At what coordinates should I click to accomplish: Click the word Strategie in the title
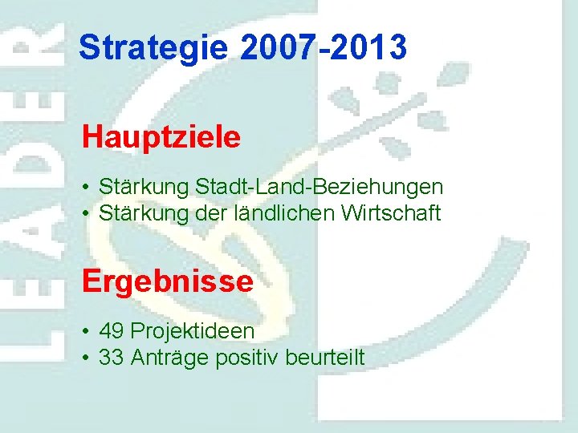coord(153,48)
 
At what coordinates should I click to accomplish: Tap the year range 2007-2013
coord(323,48)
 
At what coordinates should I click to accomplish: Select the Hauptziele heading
coord(161,137)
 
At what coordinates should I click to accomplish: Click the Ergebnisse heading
coord(167,281)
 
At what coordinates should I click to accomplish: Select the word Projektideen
coord(193,330)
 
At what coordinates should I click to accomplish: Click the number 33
coord(112,357)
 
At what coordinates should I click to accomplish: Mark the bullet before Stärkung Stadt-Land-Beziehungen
coord(85,188)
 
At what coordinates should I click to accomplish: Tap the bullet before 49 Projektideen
coord(85,331)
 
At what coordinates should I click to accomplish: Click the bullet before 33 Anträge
coord(85,358)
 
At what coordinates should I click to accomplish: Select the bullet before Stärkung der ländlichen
coord(85,214)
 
